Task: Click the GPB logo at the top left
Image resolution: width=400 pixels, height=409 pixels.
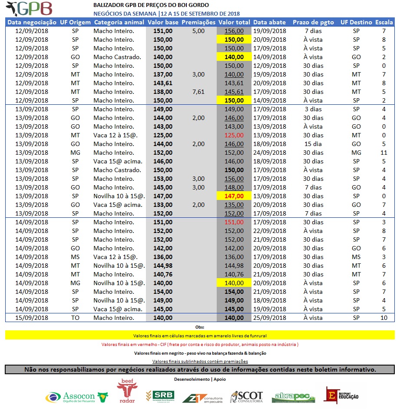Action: (x=30, y=9)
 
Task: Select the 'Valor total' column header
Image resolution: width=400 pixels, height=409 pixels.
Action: (x=234, y=22)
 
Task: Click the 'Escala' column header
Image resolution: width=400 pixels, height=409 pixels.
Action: (x=383, y=22)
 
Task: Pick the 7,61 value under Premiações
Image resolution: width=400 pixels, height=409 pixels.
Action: (x=198, y=92)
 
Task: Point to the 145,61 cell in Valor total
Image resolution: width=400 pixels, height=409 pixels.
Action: (x=234, y=92)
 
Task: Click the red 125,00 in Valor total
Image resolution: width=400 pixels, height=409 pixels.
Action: (x=234, y=135)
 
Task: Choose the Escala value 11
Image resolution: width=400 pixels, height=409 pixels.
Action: (x=383, y=153)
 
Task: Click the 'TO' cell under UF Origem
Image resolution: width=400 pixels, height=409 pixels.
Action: (x=75, y=318)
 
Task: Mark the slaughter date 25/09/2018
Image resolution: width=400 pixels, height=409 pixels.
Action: (x=269, y=318)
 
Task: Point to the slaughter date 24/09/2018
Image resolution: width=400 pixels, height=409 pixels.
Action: (x=269, y=153)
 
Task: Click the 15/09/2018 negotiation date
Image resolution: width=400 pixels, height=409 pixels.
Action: (x=32, y=318)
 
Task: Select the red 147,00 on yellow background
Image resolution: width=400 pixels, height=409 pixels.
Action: (x=234, y=196)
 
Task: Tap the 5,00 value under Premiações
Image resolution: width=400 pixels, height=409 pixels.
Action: (x=198, y=31)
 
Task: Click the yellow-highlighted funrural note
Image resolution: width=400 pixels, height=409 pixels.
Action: (x=200, y=336)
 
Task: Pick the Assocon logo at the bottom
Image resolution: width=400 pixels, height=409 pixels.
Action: (x=76, y=396)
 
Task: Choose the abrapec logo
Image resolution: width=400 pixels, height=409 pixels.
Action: (x=291, y=397)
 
